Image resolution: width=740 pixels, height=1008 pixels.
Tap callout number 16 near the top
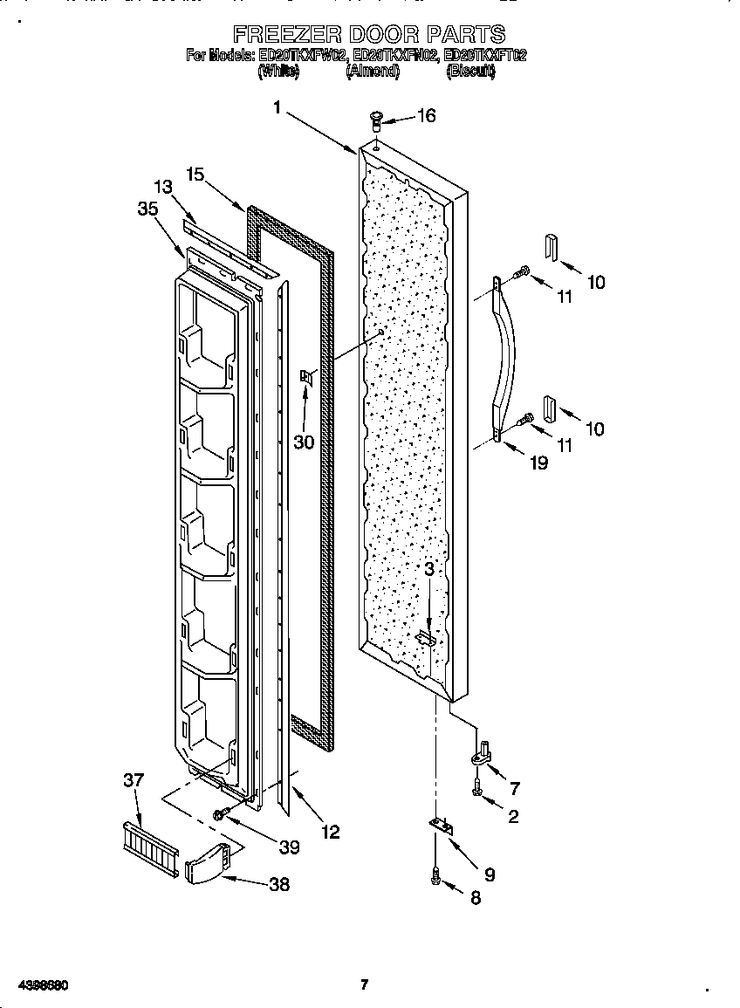click(425, 116)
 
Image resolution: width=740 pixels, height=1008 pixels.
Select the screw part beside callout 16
click(377, 117)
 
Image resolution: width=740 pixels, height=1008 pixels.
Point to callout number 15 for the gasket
click(195, 175)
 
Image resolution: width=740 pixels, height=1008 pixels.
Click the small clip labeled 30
click(305, 377)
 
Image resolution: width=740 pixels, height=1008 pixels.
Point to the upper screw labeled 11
click(522, 272)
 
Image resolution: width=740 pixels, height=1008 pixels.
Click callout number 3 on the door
click(429, 568)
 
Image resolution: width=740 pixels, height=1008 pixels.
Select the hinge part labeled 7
click(483, 748)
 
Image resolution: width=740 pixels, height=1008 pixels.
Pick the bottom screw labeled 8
click(436, 882)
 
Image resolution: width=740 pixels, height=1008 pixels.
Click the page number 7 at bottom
click(365, 985)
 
